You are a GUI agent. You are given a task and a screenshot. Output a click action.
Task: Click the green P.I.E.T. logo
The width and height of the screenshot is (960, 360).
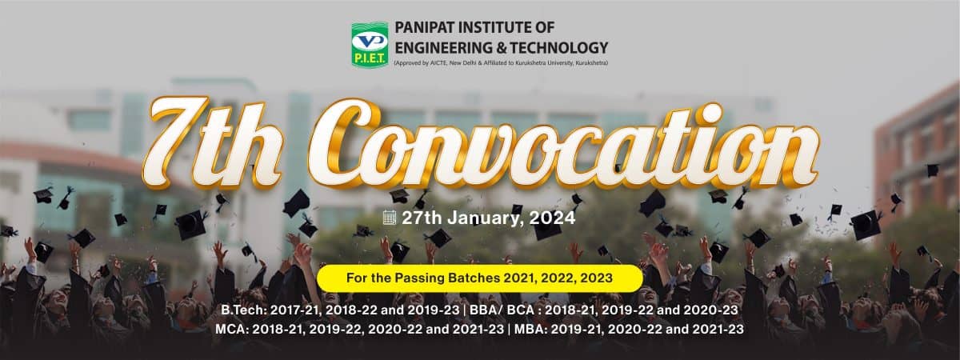[x=370, y=45]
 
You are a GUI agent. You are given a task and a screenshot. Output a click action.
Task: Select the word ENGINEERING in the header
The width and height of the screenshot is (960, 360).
[x=443, y=47]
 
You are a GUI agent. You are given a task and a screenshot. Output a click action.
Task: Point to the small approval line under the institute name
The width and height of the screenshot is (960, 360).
[x=501, y=63]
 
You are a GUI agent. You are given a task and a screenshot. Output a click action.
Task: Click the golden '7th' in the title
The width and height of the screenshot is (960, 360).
[x=212, y=143]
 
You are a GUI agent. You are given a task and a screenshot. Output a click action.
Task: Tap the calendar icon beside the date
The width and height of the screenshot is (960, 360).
[x=389, y=218]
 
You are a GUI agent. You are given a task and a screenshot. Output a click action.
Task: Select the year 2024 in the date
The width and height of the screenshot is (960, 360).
[x=552, y=218]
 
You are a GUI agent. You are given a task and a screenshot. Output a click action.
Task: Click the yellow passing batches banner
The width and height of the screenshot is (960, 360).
[x=479, y=278]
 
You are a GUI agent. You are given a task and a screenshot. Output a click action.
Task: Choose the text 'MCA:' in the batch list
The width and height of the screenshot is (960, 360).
[x=231, y=329]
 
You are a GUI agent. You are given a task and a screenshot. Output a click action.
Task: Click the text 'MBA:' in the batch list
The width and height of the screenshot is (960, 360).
[x=530, y=329]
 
